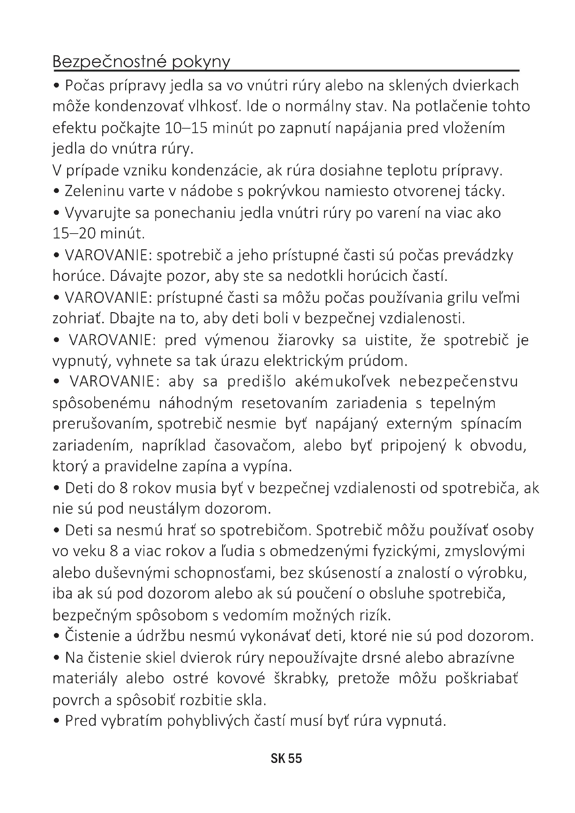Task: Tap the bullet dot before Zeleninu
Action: (57, 192)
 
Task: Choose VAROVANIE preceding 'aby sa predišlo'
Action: (112, 382)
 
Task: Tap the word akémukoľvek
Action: (342, 382)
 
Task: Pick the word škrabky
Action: (301, 679)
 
